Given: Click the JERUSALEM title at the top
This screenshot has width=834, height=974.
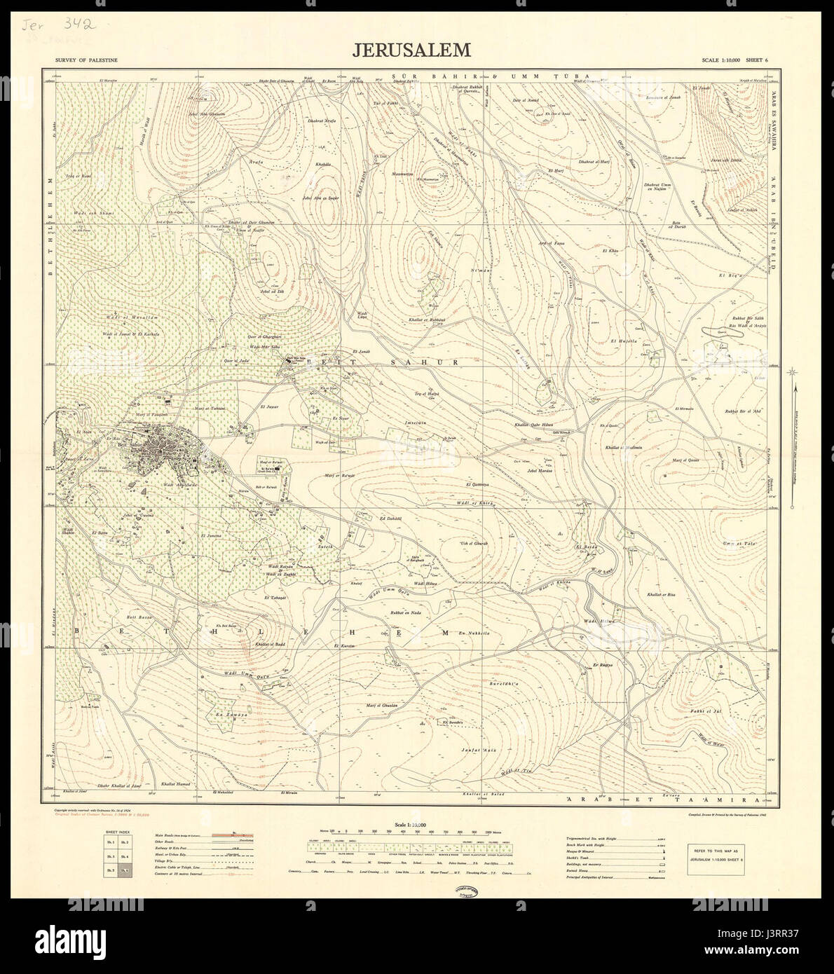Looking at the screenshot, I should pyautogui.click(x=411, y=50).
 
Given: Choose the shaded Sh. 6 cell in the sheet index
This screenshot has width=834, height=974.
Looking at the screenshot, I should pyautogui.click(x=125, y=871).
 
